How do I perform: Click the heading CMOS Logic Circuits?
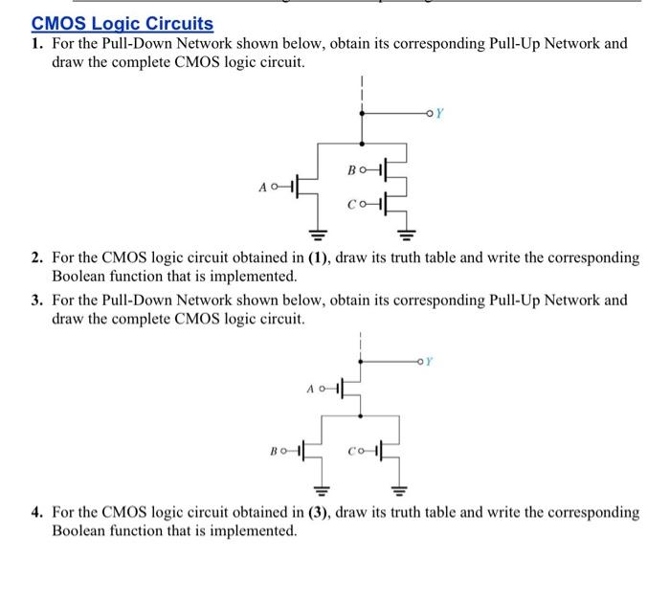(x=123, y=24)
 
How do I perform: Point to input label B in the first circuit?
(x=352, y=172)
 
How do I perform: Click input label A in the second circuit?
(x=310, y=389)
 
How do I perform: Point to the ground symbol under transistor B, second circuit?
(x=322, y=489)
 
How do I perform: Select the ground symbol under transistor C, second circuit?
(x=400, y=489)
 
